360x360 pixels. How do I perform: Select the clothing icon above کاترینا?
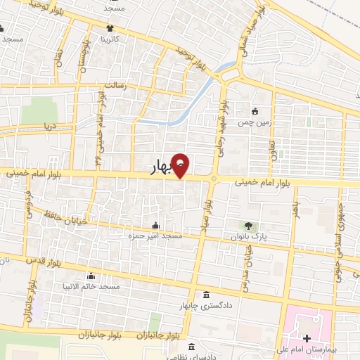(x=110, y=30)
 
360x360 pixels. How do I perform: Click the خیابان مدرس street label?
(x=247, y=257)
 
